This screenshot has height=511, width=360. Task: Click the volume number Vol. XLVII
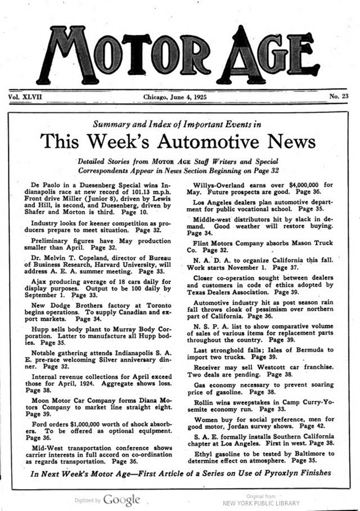click(26, 97)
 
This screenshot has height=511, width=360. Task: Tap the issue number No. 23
click(339, 97)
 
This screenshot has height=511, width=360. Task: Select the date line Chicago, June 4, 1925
click(175, 97)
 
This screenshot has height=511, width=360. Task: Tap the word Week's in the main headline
click(112, 141)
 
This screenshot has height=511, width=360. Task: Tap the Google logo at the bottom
click(121, 499)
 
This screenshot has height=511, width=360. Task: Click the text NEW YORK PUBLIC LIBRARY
click(261, 503)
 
